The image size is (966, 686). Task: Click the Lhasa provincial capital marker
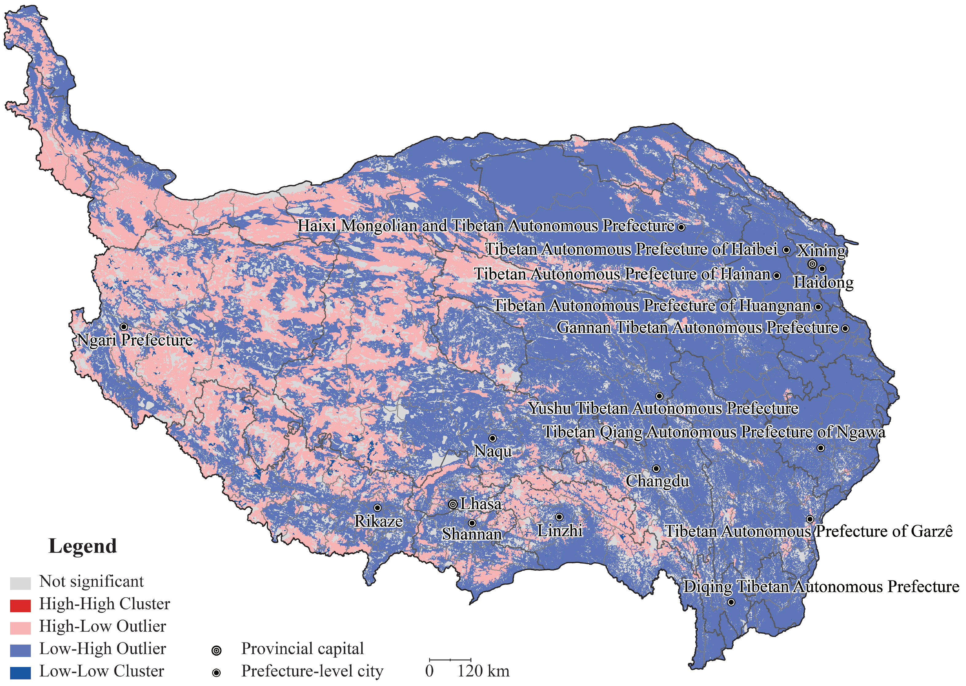452,504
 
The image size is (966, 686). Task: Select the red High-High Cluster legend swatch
20,606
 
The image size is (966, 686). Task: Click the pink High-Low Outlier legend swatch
20,628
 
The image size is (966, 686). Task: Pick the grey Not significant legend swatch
20,583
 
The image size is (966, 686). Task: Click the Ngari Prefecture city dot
124,326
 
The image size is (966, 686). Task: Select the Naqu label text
492,451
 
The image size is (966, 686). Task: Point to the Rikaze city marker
377,508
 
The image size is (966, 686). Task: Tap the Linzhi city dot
559,517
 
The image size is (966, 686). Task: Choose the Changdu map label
657,481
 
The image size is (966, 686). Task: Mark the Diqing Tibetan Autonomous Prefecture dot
731,602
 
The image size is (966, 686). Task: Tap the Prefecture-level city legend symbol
216,673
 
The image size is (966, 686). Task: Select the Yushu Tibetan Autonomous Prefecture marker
659,396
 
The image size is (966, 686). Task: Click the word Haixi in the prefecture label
317,225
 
